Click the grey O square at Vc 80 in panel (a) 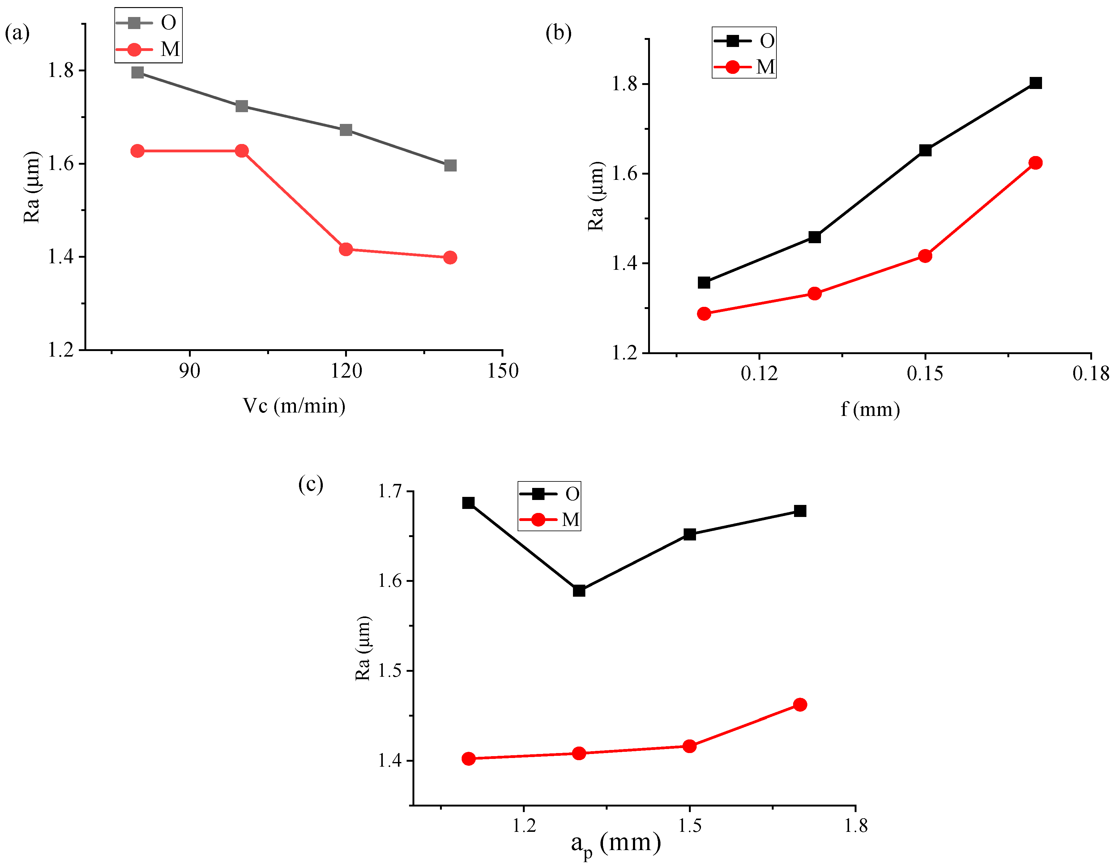[137, 72]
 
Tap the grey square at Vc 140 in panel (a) [450, 165]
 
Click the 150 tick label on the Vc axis [502, 371]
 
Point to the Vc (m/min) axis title [294, 406]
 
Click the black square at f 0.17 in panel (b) [1035, 83]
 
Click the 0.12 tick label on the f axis [759, 374]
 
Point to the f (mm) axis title [870, 409]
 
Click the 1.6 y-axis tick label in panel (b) [625, 174]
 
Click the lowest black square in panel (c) [579, 591]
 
